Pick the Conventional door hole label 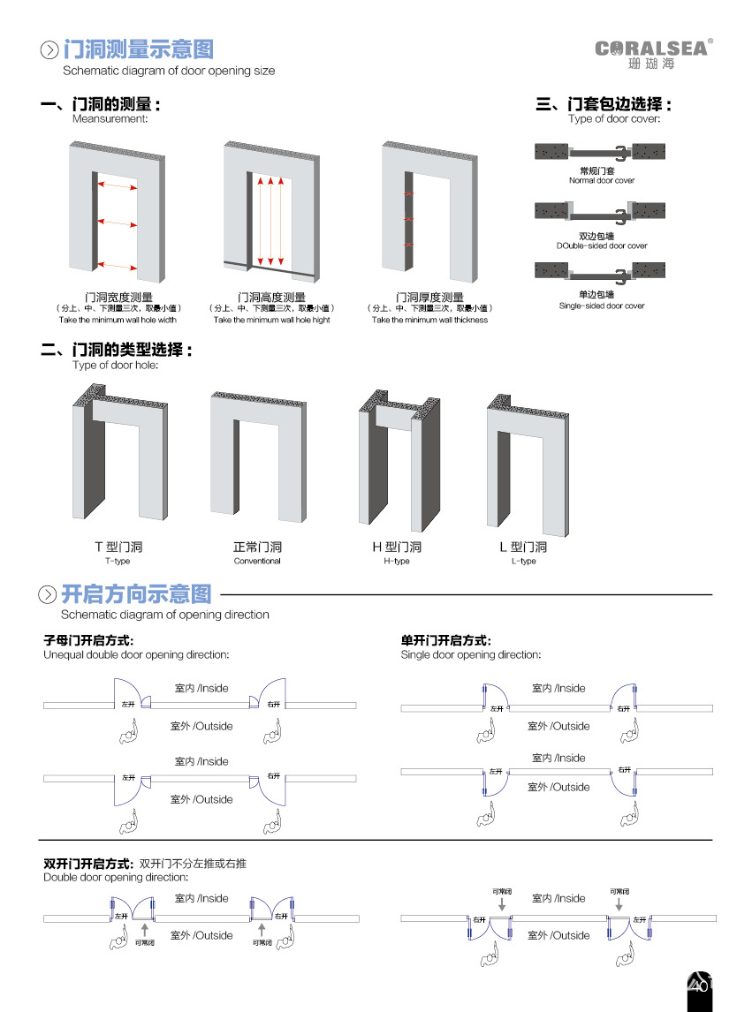257,562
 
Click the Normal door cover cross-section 601,153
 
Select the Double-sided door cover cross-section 601,212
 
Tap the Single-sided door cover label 602,306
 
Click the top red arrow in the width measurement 116,185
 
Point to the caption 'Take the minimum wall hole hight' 271,321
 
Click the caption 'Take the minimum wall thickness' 429,321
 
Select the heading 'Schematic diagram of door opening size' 168,71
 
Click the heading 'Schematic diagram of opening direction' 165,615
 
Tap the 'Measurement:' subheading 110,118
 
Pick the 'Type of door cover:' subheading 614,118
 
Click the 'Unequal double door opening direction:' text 136,655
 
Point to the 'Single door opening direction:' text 471,655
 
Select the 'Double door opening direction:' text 116,878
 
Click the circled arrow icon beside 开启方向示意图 48,594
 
